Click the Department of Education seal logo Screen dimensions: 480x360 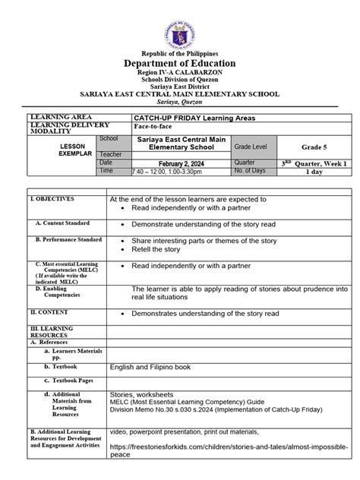[180, 24]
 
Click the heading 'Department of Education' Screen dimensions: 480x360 [180, 64]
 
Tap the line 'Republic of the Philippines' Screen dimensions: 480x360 [180, 53]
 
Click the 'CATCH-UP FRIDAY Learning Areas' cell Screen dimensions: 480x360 [183, 118]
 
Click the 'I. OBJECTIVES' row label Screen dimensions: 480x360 [52, 199]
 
